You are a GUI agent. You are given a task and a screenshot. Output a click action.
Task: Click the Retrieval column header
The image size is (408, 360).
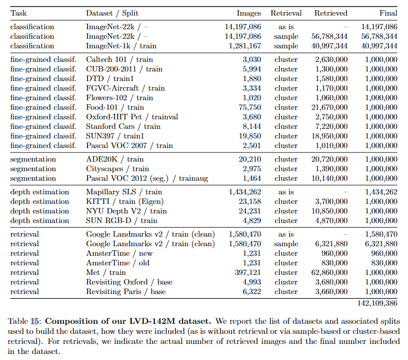click(286, 13)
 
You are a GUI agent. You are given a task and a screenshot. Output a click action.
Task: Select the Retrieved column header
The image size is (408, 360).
click(331, 13)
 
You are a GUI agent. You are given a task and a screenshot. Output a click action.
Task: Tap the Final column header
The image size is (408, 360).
click(388, 13)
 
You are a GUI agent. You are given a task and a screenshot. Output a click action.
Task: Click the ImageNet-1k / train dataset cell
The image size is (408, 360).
click(121, 46)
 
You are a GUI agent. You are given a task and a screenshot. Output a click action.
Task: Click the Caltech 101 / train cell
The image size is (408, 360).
click(119, 59)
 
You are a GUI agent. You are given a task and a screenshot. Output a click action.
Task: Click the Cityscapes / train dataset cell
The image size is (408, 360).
click(117, 169)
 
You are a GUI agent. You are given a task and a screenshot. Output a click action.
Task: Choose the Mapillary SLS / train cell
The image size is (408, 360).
click(124, 192)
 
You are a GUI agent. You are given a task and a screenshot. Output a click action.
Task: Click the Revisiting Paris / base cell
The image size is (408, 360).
click(126, 292)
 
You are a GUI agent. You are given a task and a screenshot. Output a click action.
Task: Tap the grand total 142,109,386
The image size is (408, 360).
click(373, 304)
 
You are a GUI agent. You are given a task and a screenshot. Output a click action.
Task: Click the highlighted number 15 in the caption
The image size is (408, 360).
click(35, 321)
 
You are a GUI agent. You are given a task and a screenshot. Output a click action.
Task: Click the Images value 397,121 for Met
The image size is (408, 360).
click(247, 272)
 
